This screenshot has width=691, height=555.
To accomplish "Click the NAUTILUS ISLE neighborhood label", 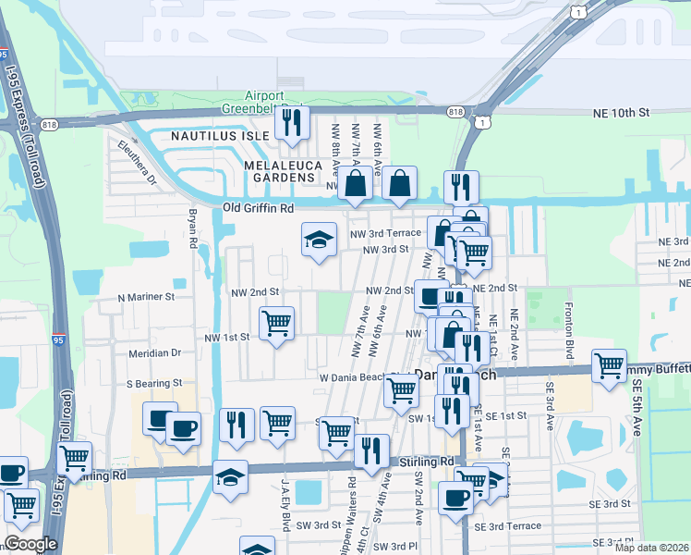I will coord(220,135).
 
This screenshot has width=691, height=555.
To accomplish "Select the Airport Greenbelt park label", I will coord(273,102).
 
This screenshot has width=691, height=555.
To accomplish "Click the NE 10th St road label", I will coord(621,112).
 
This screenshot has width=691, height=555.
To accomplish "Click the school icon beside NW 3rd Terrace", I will coord(319,240).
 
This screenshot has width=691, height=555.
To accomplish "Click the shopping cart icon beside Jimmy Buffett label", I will coord(609,366).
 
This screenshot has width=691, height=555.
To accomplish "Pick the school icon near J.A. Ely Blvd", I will coord(230,476).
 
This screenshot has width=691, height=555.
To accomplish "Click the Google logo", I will coord(30,544).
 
